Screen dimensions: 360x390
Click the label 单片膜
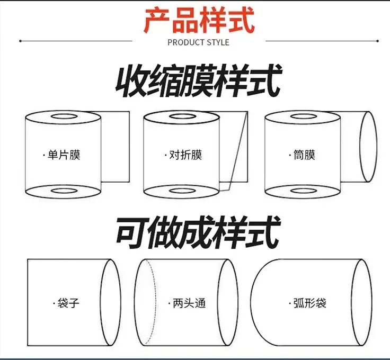click(63, 155)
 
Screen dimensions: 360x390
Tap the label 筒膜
click(304, 155)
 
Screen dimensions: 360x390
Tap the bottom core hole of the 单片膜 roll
click(63, 190)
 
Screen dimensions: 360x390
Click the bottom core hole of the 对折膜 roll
click(181, 190)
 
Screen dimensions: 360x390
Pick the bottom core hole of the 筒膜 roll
click(302, 190)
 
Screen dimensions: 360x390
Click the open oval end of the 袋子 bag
click(111, 302)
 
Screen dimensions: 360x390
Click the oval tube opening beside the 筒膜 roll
click(369, 147)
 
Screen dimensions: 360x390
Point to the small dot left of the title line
click(20, 41)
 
